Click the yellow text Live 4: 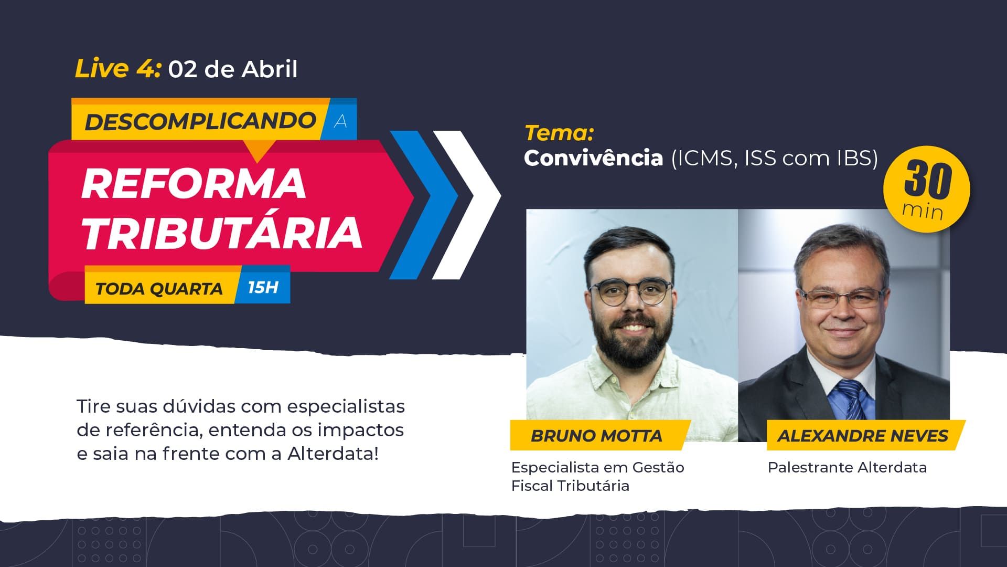tap(117, 69)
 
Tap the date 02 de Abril tap(233, 69)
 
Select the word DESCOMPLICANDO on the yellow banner tap(200, 122)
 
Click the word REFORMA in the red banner tap(194, 183)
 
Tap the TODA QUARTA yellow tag tap(159, 288)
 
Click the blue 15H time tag tap(263, 287)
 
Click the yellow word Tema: tap(559, 133)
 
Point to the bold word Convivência tap(594, 157)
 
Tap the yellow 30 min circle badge tap(927, 190)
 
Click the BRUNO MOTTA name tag tap(597, 435)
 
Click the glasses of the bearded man tap(630, 292)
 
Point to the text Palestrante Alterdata tap(847, 467)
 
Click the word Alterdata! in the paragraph tap(333, 454)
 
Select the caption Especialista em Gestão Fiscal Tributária tap(598, 476)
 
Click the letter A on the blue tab tap(340, 121)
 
